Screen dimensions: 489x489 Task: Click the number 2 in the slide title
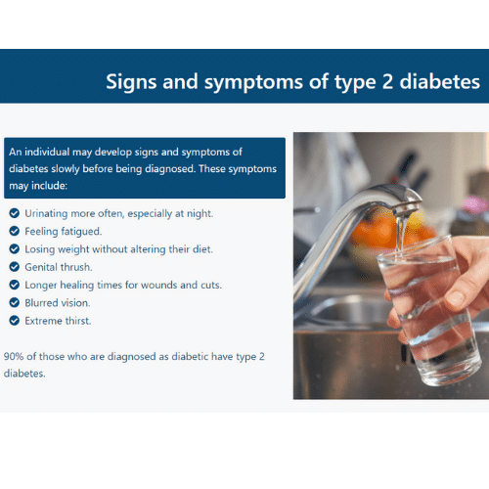[x=387, y=81]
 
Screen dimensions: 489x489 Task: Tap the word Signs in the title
[x=131, y=82]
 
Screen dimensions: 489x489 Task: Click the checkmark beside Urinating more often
[x=14, y=213]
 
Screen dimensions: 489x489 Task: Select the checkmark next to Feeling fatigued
[x=14, y=231]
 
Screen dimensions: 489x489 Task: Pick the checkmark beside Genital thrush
[x=14, y=267]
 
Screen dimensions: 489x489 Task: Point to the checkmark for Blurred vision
[x=14, y=302]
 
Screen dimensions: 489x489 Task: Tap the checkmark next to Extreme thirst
[x=14, y=321]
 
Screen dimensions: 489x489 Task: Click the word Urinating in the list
[x=46, y=214]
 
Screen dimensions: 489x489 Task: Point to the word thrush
[x=76, y=267]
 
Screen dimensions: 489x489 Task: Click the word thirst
[x=78, y=321]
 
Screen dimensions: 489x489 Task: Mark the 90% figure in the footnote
[x=14, y=356]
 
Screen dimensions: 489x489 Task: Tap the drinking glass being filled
[x=428, y=310]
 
